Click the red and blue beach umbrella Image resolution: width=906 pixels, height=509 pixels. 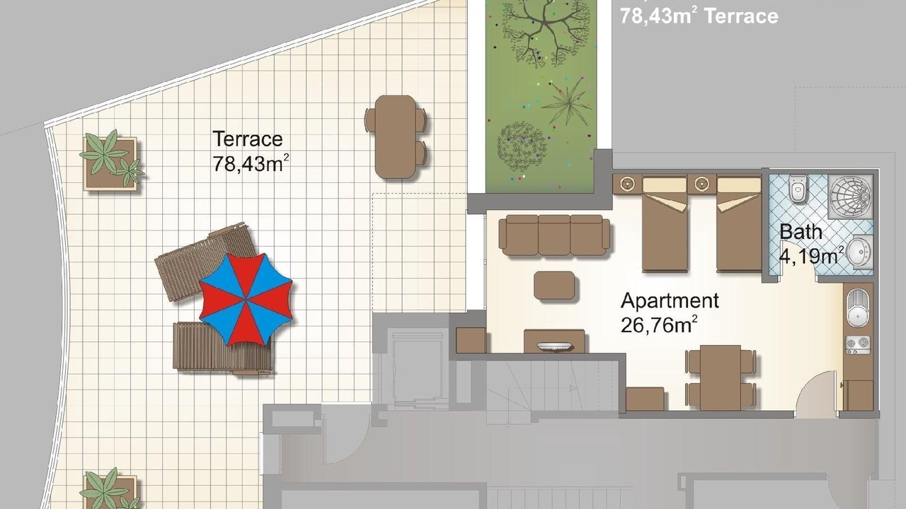coord(246,299)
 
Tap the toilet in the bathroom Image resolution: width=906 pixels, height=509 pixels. coord(798,187)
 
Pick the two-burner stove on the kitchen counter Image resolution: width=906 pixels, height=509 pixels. coord(857,345)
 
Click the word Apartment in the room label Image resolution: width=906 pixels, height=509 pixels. coord(670,301)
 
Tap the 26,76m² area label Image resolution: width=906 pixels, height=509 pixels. coord(659,325)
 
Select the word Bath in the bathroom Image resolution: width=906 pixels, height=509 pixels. coord(801,232)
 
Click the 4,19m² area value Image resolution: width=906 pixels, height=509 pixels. coord(810,256)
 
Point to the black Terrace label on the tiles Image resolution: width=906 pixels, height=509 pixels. coord(248,139)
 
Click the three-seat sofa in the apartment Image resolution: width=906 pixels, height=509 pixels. coord(554,235)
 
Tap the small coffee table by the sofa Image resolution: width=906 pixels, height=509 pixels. coord(554,286)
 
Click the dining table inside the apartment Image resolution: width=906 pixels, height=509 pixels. coord(721,378)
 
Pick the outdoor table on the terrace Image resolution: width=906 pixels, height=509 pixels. coord(396,137)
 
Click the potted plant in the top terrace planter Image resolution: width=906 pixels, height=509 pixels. coord(111,159)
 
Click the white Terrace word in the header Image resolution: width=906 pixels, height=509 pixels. coord(741,16)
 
